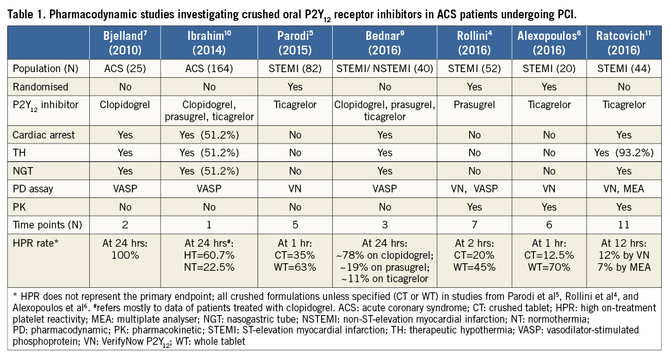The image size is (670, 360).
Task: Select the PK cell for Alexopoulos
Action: [x=549, y=205]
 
